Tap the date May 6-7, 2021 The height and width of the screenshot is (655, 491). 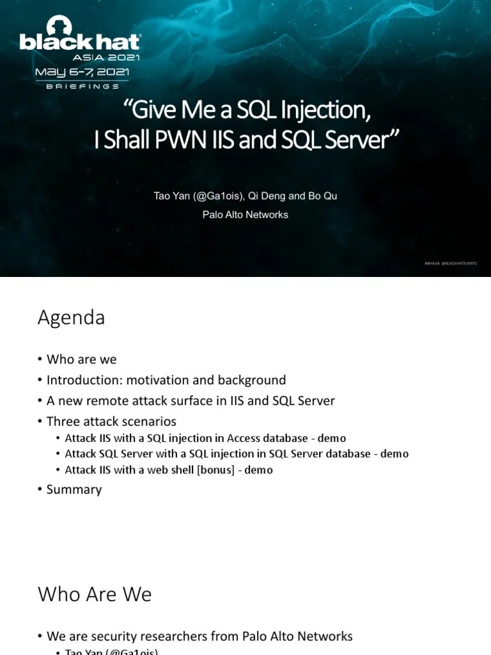pos(81,70)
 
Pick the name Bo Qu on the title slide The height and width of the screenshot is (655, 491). pos(322,196)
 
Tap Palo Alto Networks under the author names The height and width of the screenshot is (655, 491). pos(245,215)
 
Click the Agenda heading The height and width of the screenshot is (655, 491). pos(71,317)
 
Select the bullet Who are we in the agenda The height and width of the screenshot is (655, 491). pos(81,359)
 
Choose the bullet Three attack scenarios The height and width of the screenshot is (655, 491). pos(111,422)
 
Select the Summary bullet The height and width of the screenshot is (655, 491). pos(74,489)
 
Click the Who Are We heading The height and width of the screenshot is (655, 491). pos(95,594)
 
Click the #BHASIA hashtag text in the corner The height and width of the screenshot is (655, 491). pos(432,264)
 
